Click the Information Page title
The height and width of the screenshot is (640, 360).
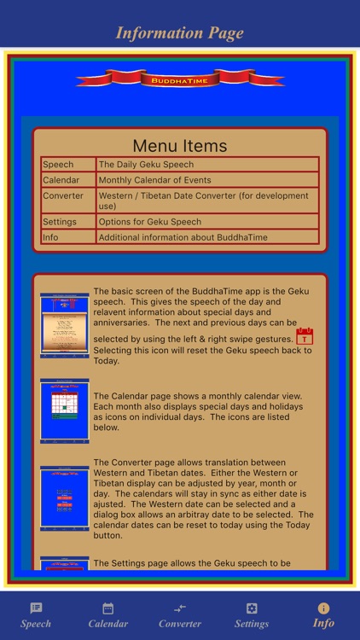pyautogui.click(x=180, y=33)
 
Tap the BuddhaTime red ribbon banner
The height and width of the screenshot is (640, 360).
pyautogui.click(x=180, y=79)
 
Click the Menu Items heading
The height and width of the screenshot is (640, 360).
pyautogui.click(x=180, y=146)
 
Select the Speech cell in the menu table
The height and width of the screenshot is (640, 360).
pyautogui.click(x=68, y=165)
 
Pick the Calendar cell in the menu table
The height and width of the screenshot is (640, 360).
pyautogui.click(x=68, y=180)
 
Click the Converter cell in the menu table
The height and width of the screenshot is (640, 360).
pyautogui.click(x=68, y=196)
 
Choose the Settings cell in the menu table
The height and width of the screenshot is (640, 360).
pyautogui.click(x=68, y=222)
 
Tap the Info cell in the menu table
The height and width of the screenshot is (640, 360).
pyautogui.click(x=68, y=237)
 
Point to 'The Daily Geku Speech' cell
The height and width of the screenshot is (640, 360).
pyautogui.click(x=207, y=165)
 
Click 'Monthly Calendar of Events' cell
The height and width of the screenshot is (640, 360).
pyautogui.click(x=207, y=180)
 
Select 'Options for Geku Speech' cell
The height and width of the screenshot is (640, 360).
pyautogui.click(x=207, y=222)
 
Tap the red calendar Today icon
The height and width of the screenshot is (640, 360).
pyautogui.click(x=305, y=336)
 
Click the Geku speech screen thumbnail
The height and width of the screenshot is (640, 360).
pyautogui.click(x=64, y=325)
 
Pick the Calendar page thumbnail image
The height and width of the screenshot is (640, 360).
pyautogui.click(x=64, y=410)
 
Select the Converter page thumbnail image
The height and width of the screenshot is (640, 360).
pyautogui.click(x=64, y=498)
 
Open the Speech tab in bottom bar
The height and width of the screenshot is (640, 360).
pyautogui.click(x=36, y=615)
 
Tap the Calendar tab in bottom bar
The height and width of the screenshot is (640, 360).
pyautogui.click(x=108, y=615)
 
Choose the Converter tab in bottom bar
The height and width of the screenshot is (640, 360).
pyautogui.click(x=180, y=615)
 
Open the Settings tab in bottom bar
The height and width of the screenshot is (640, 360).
pyautogui.click(x=252, y=615)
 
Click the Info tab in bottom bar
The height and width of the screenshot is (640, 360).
pyautogui.click(x=323, y=615)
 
